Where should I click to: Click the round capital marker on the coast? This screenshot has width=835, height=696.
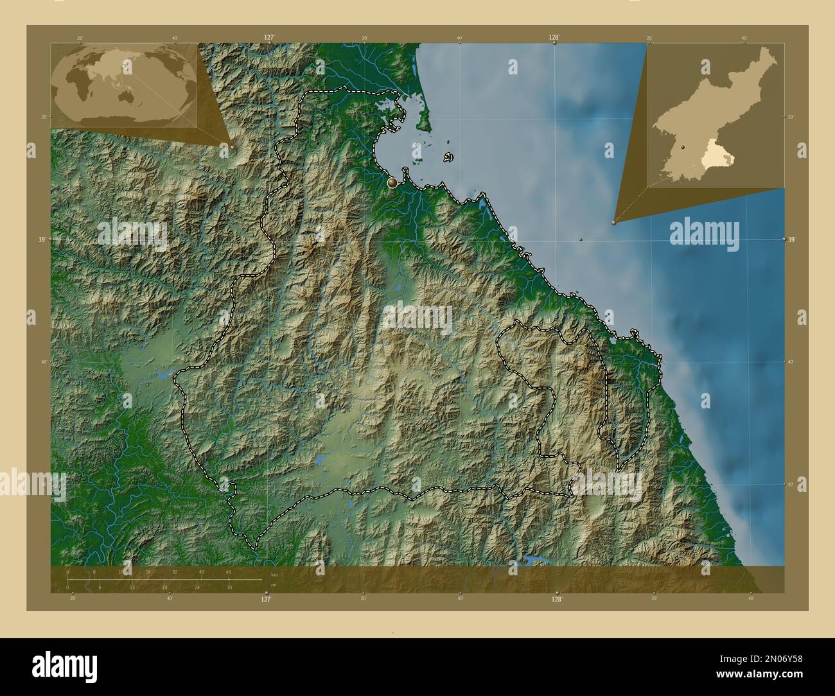[x=392, y=183]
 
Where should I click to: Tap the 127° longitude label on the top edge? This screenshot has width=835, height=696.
[x=268, y=38]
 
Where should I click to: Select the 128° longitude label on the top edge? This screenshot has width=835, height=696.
[x=554, y=38]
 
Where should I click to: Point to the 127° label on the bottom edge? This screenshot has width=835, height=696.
[x=265, y=598]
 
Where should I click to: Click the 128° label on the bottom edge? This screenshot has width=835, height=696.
[x=556, y=598]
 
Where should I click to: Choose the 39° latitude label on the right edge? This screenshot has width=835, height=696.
[x=792, y=239]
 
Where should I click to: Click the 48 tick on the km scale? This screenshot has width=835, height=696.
[x=228, y=571]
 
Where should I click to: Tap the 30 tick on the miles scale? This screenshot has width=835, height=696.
[x=229, y=587]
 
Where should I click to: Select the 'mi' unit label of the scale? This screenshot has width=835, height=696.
[x=274, y=584]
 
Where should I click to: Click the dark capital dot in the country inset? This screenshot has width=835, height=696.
[x=683, y=147]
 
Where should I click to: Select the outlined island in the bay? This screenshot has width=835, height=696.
[x=448, y=157]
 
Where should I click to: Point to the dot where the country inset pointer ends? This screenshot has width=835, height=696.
[x=614, y=223]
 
